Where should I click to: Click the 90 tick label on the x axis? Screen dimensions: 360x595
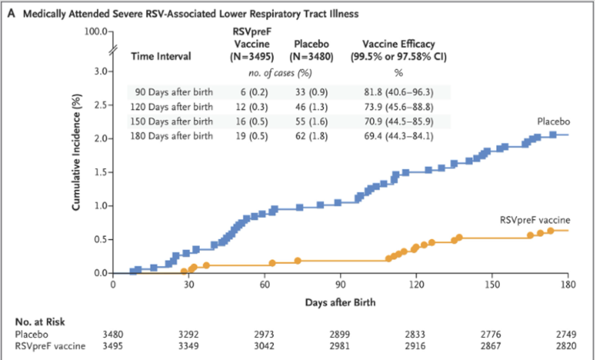[340, 284]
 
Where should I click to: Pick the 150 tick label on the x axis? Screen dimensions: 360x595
[492, 284]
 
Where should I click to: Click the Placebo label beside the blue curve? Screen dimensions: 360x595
[553, 121]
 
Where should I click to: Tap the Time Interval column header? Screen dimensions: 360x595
[161, 57]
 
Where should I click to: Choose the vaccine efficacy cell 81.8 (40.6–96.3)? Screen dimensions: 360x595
[399, 92]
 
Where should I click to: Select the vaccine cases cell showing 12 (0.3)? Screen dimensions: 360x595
[250, 107]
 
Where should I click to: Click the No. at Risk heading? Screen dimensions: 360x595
[40, 322]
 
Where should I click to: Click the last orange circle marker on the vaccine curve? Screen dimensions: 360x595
[550, 231]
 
